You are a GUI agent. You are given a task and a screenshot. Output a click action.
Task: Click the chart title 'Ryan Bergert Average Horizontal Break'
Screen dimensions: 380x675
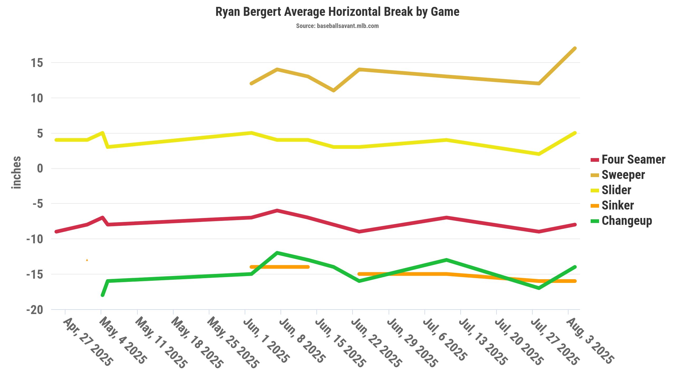coord(337,12)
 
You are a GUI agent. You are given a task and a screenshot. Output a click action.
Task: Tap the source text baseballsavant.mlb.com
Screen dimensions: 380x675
coord(337,26)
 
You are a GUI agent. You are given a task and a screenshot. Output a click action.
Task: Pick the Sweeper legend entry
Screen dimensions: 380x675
coord(623,175)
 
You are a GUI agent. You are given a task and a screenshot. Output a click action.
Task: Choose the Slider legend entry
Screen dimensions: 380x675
coord(616,190)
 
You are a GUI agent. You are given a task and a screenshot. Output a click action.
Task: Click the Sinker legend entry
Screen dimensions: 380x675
coord(618,206)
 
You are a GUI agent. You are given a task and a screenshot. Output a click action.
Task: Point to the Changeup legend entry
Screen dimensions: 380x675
coord(627,221)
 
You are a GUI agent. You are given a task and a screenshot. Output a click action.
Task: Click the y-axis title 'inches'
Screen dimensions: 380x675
coord(16,173)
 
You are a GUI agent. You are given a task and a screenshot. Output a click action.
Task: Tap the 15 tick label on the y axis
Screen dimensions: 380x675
coord(37,63)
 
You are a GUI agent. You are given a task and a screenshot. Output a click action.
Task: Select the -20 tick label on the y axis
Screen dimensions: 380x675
coord(35,310)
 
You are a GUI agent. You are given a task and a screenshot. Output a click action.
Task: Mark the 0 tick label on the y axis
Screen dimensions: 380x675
coord(40,168)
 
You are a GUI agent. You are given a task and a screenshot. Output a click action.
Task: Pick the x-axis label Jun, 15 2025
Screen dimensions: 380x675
coord(340,343)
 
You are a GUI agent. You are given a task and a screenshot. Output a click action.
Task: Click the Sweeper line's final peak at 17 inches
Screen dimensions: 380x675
coord(575,49)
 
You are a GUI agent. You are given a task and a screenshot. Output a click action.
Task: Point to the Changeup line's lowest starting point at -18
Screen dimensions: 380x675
coord(103,295)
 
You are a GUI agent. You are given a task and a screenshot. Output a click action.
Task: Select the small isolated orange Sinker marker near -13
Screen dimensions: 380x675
coord(87,260)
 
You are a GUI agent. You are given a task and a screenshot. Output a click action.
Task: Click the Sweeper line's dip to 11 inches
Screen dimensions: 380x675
coord(334,91)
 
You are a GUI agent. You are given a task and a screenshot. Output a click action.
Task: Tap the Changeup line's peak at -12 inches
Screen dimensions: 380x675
coord(277,253)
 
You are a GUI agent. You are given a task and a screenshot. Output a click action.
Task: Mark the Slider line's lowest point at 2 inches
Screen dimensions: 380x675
coord(539,154)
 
